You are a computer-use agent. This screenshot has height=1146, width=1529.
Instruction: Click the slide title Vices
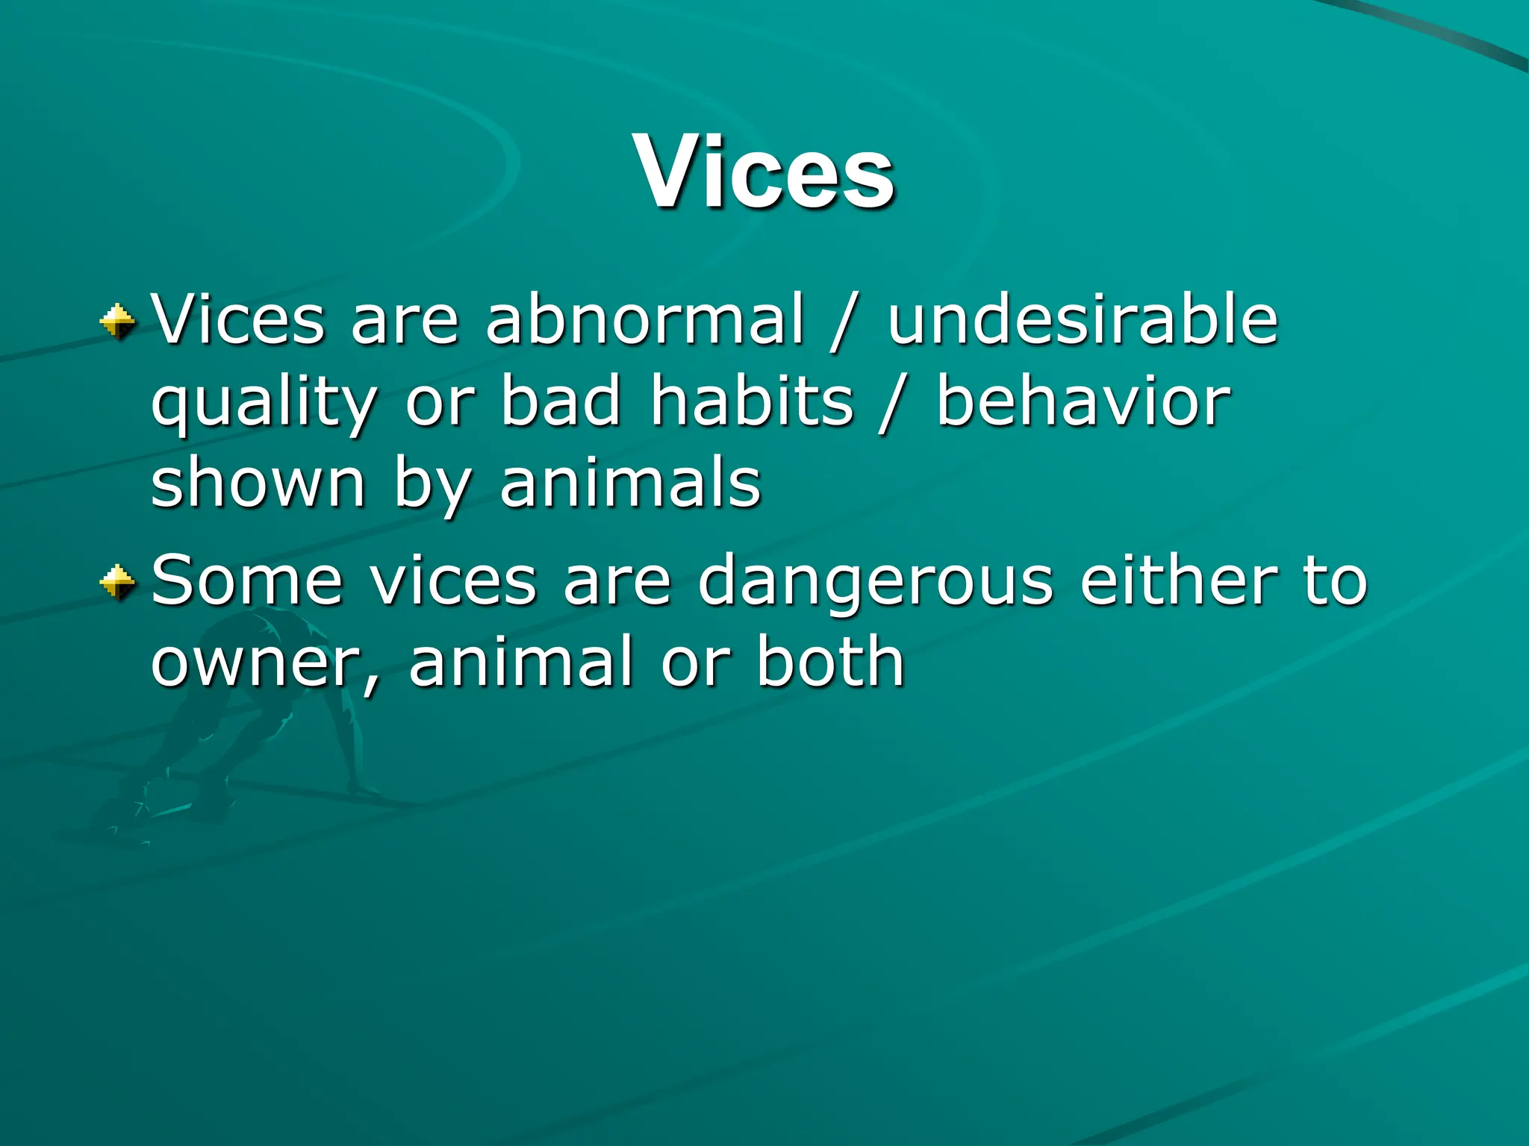[x=764, y=173]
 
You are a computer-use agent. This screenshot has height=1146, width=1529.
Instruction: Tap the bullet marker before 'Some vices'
[x=118, y=583]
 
